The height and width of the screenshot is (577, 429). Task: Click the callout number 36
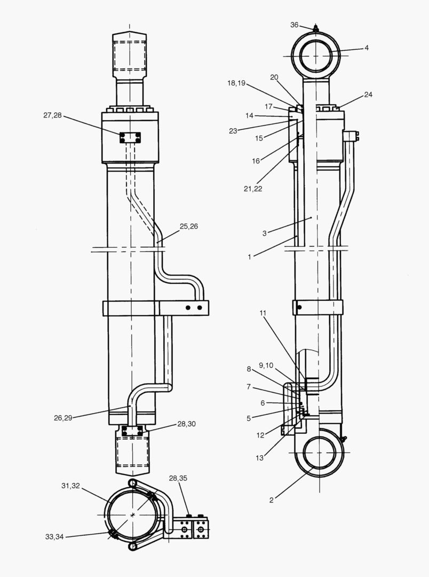(x=295, y=25)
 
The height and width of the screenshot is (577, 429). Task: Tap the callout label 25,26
(x=189, y=227)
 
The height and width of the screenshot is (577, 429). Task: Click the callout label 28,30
(x=187, y=424)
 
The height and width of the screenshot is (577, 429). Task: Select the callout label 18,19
(x=236, y=83)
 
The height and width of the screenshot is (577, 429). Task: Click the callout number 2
(x=272, y=500)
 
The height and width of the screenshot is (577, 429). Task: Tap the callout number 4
(x=367, y=48)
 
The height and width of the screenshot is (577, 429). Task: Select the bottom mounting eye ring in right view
(x=319, y=454)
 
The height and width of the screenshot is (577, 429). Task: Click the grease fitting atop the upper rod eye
(x=316, y=28)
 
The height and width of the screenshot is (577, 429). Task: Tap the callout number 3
(x=264, y=233)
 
